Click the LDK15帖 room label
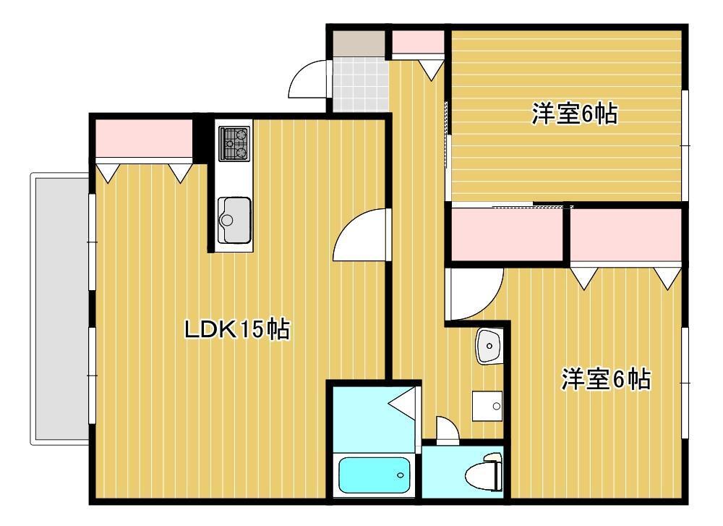[237, 329]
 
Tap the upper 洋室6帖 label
[575, 114]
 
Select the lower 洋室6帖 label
[606, 379]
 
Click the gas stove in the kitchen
[234, 143]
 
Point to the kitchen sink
[234, 220]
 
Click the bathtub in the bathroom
[374, 475]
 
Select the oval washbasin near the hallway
[488, 346]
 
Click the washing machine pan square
[487, 406]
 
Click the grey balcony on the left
[61, 309]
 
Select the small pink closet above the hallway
[418, 42]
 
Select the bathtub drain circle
[401, 475]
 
